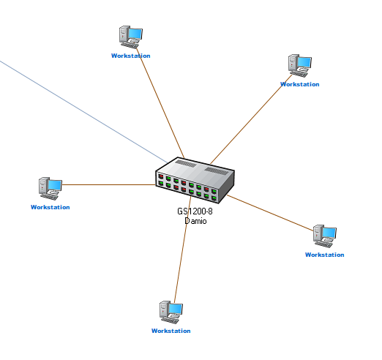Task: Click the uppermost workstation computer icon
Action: tap(131, 37)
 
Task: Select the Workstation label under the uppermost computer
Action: tap(131, 56)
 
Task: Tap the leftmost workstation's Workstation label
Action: tap(50, 207)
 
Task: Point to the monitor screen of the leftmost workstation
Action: tap(55, 185)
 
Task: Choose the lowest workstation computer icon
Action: tap(171, 312)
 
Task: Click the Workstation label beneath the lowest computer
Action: tap(171, 331)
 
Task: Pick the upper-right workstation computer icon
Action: tap(300, 66)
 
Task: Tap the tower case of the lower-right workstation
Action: tap(318, 235)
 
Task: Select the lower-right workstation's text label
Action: tap(325, 255)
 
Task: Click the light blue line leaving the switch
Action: tap(83, 111)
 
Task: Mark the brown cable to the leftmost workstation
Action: tap(109, 184)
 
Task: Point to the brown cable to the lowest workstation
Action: tap(182, 249)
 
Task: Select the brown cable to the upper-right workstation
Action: tap(251, 119)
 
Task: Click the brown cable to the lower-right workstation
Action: tap(270, 213)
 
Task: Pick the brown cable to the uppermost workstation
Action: tap(160, 103)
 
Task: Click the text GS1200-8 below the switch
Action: tap(195, 211)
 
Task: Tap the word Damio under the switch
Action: tap(195, 221)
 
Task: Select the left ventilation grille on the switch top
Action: tap(186, 163)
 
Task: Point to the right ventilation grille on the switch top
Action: tap(216, 170)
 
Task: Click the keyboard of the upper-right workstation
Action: tap(298, 74)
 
